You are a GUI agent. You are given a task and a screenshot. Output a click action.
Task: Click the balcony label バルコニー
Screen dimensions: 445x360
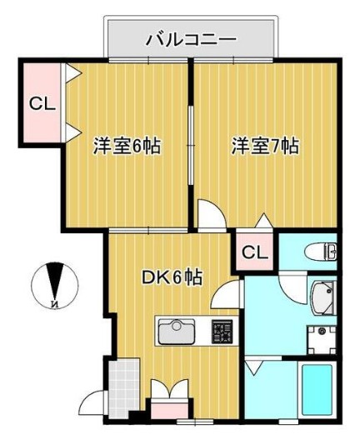[x=191, y=38]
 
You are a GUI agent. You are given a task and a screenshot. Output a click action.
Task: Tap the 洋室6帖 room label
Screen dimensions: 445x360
[x=125, y=147]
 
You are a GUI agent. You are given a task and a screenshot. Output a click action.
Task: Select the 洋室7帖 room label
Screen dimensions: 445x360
[x=264, y=147]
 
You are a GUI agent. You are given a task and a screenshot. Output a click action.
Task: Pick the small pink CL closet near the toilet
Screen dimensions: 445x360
[x=254, y=252]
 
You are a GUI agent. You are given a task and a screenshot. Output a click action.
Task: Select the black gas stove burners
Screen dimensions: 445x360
[x=222, y=332]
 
